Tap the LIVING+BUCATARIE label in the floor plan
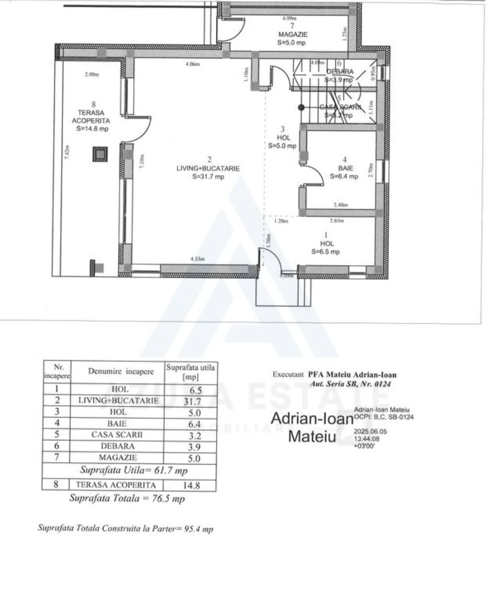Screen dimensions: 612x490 [x=208, y=168]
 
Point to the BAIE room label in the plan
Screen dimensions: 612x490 [x=344, y=168]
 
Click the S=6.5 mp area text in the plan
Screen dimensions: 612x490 [x=326, y=252]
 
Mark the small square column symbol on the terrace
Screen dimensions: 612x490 [x=100, y=154]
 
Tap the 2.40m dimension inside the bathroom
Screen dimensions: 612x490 [x=340, y=205]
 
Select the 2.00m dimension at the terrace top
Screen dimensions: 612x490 [x=91, y=74]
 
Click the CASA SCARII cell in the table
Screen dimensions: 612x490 [x=117, y=435]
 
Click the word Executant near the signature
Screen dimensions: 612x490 [x=289, y=375]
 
